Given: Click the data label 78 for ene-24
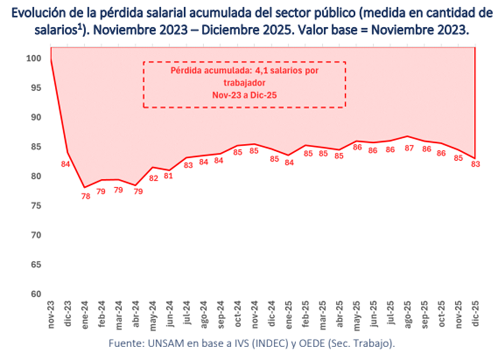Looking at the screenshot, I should [86, 196].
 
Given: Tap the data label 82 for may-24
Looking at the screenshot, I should [153, 178].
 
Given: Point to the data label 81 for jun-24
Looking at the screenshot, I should [170, 177].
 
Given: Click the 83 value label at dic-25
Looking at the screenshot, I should [476, 163].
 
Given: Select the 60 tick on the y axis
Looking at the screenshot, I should [35, 294].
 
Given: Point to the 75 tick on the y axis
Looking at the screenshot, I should [35, 205].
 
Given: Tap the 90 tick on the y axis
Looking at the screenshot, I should [35, 117].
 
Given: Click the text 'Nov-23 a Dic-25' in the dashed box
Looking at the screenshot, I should [245, 95].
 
